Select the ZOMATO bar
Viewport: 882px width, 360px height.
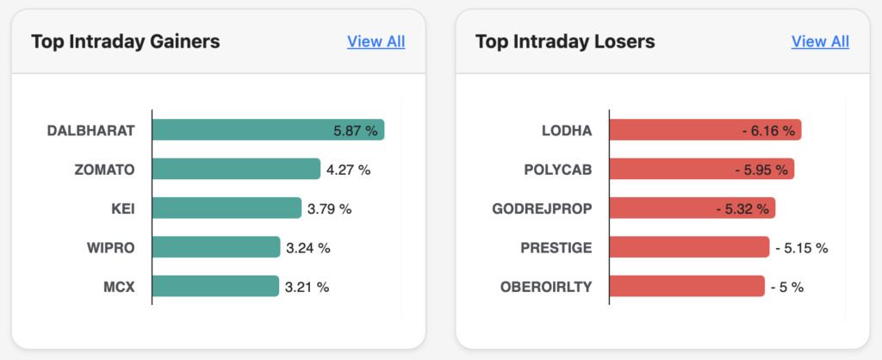236,169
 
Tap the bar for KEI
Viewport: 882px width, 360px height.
227,208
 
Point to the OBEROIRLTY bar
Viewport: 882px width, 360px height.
686,286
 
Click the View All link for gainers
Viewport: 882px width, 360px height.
376,41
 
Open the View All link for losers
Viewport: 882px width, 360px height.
820,41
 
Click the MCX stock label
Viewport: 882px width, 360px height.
119,286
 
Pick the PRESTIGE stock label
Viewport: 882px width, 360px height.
556,247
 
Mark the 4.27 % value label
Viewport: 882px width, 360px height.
348,170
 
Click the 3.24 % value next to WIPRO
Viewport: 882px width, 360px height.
308,248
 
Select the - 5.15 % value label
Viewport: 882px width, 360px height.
801,248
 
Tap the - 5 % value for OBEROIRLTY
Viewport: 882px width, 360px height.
786,287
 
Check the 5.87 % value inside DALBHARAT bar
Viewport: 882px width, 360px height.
355,131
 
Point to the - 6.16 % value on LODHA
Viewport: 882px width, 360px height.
767,131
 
